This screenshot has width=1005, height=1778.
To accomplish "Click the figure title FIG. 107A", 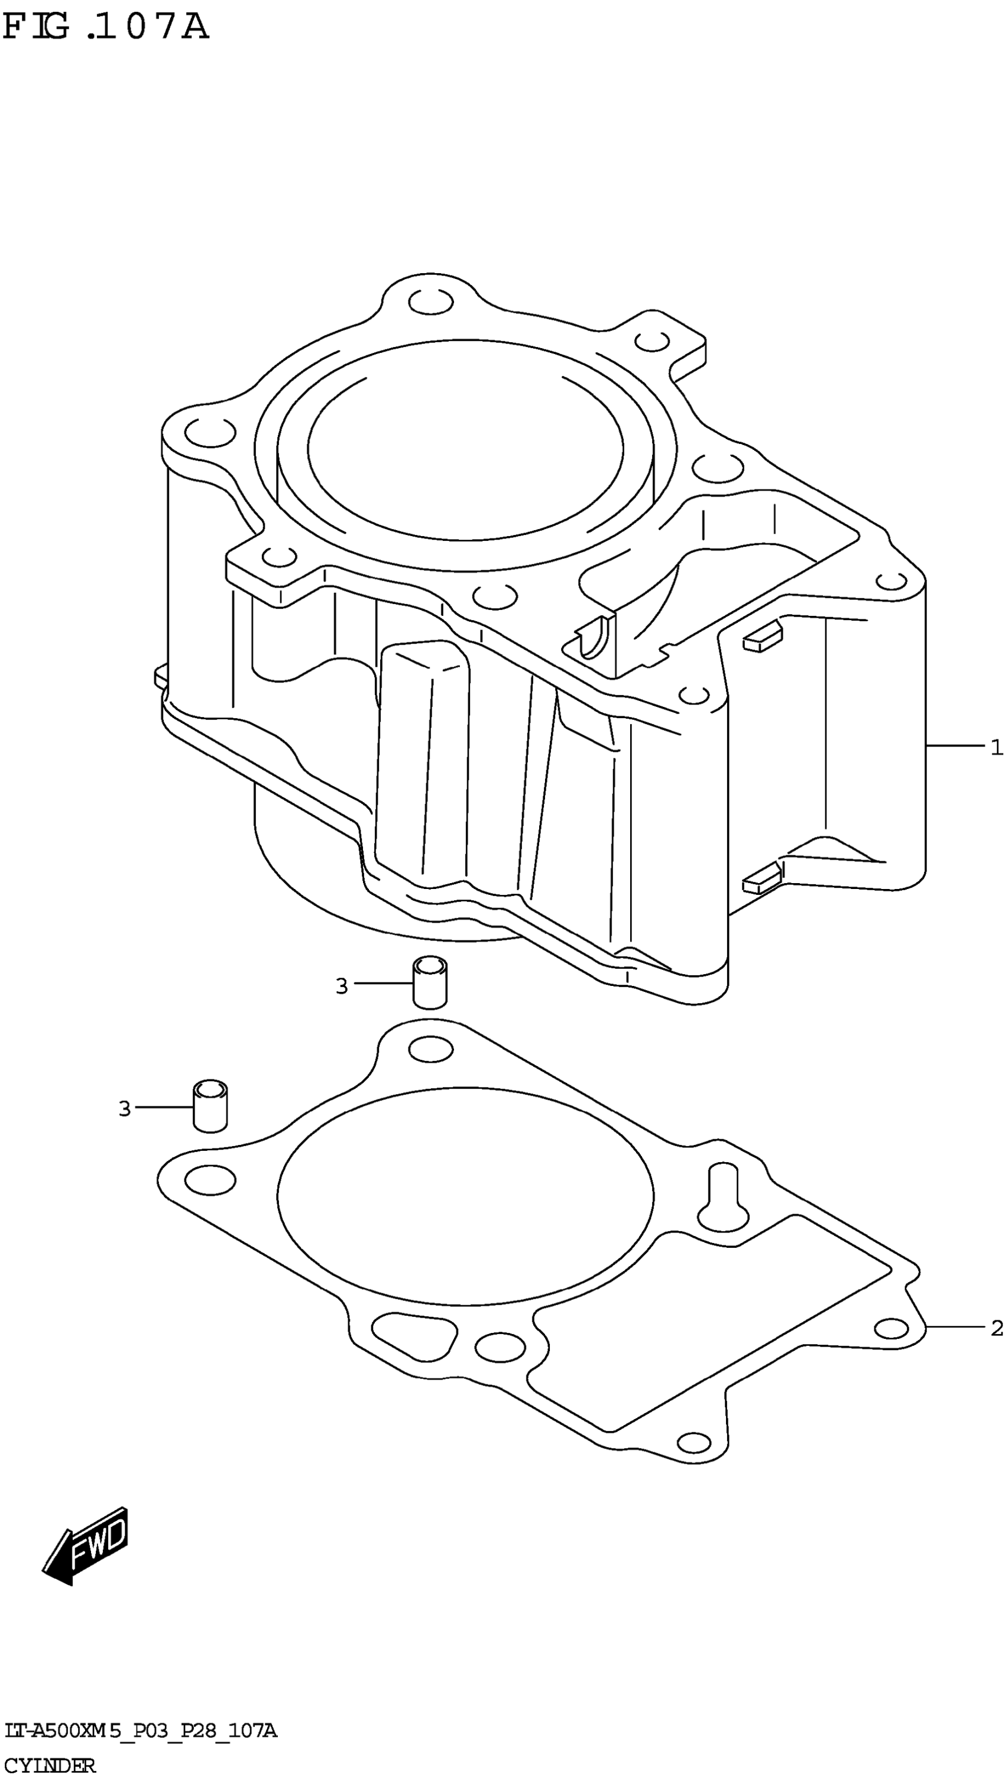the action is point(105,28).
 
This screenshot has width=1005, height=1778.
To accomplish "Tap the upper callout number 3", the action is point(342,987).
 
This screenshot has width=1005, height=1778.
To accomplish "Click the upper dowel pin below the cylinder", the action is point(429,983).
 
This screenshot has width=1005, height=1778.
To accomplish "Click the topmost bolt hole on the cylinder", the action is point(431,301).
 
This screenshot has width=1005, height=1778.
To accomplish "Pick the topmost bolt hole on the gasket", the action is point(431,1050).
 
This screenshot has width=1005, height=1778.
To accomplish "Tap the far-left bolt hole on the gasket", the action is point(210,1180).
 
